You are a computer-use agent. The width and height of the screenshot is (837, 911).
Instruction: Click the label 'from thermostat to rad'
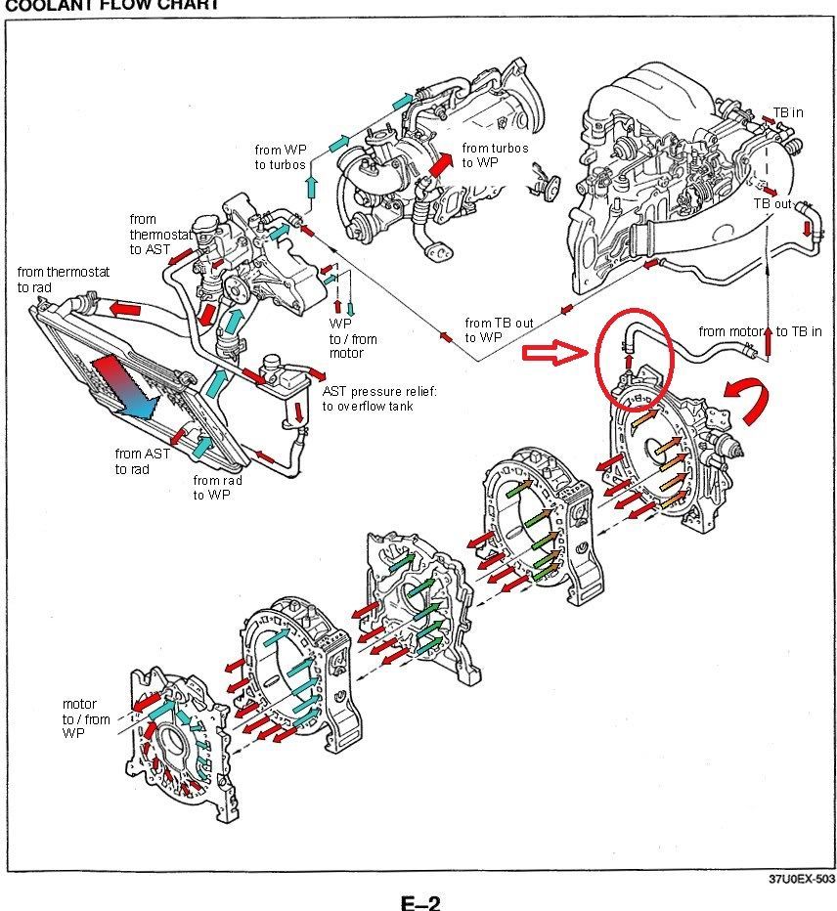(64, 280)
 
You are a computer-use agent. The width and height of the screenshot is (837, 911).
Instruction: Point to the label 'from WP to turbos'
(281, 157)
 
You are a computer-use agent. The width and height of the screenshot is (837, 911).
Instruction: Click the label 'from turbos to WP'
(495, 155)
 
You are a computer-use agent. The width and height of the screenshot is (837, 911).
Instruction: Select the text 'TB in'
(788, 112)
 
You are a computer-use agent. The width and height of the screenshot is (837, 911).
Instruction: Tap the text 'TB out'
(772, 204)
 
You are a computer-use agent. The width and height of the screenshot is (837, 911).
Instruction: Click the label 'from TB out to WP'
(499, 330)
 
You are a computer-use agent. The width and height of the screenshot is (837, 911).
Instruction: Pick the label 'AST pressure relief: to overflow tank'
(379, 399)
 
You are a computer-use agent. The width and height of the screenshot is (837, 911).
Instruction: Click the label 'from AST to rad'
(143, 461)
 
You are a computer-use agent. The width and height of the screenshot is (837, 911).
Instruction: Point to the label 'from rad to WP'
(217, 488)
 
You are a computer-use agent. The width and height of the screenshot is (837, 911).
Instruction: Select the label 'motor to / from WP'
(86, 718)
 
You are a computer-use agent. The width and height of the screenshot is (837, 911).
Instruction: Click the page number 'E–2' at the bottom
(420, 901)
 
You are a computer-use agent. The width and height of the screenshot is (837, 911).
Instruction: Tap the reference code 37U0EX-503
(802, 879)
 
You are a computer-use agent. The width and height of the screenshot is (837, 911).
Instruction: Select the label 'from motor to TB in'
(761, 331)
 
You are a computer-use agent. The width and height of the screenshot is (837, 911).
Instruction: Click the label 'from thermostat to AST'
(159, 235)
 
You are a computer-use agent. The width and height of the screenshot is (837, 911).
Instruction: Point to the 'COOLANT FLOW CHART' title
(112, 5)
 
